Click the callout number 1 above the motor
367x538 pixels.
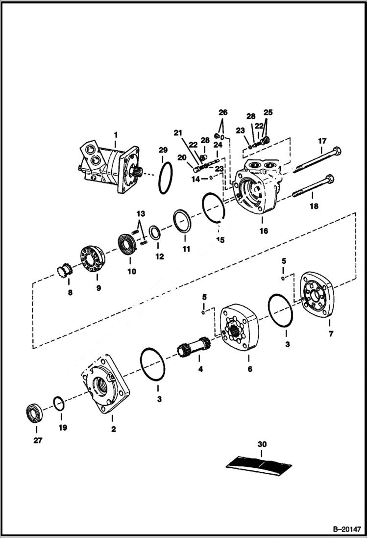tap(116, 134)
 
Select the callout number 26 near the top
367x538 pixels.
tap(223, 112)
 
